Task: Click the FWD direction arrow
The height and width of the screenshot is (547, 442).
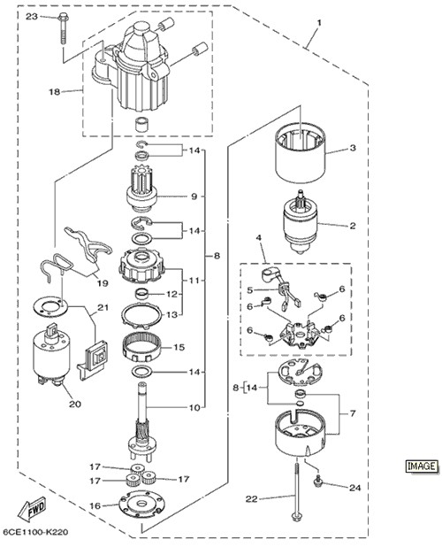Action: pos(30,511)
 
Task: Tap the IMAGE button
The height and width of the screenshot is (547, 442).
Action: pos(422,466)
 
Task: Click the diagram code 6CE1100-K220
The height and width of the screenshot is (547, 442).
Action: pos(35,532)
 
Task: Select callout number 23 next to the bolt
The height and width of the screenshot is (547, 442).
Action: pos(32,17)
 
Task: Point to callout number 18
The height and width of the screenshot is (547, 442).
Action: pos(54,92)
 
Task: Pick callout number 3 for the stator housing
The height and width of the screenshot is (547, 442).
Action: pos(353,148)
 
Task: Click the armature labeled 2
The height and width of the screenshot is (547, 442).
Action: pos(299,221)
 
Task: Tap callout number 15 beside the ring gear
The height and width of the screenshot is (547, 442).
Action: pos(179,348)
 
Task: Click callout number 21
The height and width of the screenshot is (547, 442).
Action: pos(103,308)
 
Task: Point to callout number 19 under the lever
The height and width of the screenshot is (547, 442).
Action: pos(103,283)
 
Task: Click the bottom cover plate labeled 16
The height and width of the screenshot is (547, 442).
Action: pos(141,505)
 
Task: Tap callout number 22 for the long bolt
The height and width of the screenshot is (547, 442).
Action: pos(251,499)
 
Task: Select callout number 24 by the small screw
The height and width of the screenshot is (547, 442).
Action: pos(354,488)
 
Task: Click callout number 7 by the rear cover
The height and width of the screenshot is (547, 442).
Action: pos(353,413)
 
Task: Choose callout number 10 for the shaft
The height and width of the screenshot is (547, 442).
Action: pos(194,407)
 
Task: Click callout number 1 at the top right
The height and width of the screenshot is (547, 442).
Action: pos(319,23)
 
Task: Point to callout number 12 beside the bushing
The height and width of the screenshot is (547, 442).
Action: pos(171,294)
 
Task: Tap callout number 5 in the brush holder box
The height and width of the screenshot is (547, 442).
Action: pos(250,290)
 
